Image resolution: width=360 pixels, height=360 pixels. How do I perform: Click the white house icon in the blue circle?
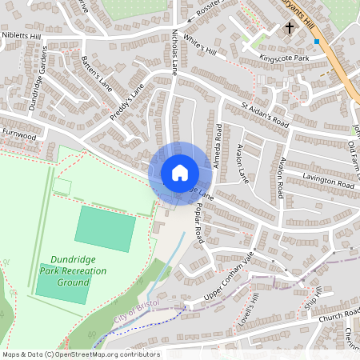179,173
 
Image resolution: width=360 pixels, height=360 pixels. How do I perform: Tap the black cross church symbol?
290,28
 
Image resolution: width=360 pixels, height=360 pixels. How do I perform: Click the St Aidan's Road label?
265,114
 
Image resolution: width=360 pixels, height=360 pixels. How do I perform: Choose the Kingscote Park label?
284,58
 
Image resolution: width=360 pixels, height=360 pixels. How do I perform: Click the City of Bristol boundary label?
132,312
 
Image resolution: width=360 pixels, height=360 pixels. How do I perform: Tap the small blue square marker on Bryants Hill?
317,41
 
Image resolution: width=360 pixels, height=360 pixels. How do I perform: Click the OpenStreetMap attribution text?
80,354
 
